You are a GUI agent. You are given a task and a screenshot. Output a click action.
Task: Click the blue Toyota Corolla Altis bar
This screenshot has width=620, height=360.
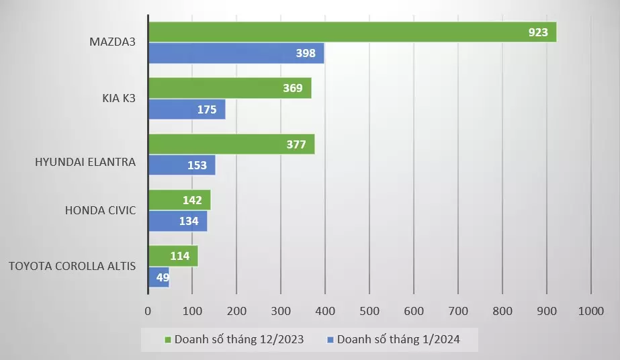point(159,277)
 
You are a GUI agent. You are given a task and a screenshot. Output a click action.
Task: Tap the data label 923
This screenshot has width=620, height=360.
point(538,32)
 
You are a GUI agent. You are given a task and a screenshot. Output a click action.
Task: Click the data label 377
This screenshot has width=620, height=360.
point(296,144)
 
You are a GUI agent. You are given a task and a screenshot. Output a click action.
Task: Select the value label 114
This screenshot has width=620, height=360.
point(179,256)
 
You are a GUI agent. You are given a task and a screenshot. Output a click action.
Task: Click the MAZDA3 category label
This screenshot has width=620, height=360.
point(113,42)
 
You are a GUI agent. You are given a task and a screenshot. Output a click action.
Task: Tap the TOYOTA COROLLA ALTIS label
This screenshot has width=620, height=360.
point(72,266)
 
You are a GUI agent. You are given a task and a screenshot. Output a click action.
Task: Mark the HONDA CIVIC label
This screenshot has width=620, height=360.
point(101,210)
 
